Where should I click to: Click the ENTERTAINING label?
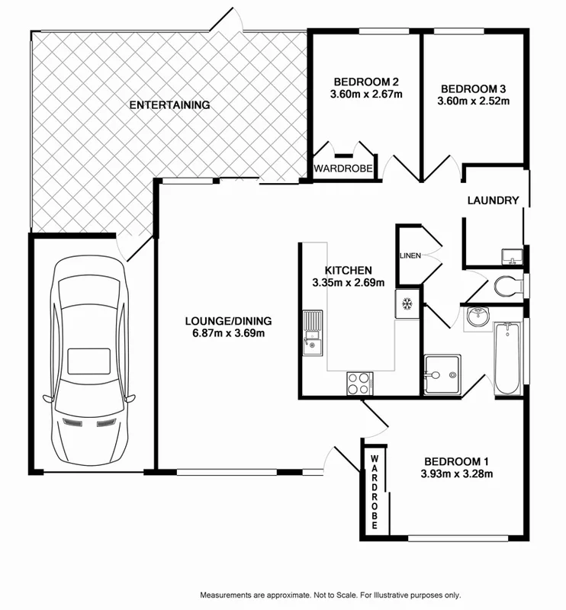pyautogui.click(x=169, y=105)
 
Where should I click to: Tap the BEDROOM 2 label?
pyautogui.click(x=365, y=82)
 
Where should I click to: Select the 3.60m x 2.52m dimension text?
pyautogui.click(x=474, y=100)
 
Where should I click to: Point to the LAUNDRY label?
pyautogui.click(x=493, y=201)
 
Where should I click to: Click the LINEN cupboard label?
pyautogui.click(x=410, y=255)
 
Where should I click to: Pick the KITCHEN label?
pyautogui.click(x=348, y=271)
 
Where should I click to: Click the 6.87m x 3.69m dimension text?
pyautogui.click(x=228, y=332)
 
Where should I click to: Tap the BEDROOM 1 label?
pyautogui.click(x=456, y=461)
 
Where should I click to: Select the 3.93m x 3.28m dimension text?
pyautogui.click(x=456, y=474)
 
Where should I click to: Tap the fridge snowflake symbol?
pyautogui.click(x=407, y=303)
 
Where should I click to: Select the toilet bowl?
pyautogui.click(x=507, y=287)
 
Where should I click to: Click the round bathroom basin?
pyautogui.click(x=478, y=317)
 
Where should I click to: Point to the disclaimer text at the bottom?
pyautogui.click(x=330, y=595)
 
